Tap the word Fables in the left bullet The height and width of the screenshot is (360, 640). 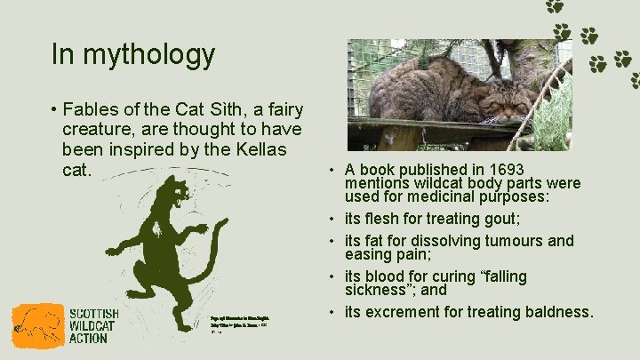coord(95,110)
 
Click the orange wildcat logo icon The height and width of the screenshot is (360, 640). coord(38,326)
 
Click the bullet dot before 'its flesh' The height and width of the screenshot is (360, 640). coord(331,220)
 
